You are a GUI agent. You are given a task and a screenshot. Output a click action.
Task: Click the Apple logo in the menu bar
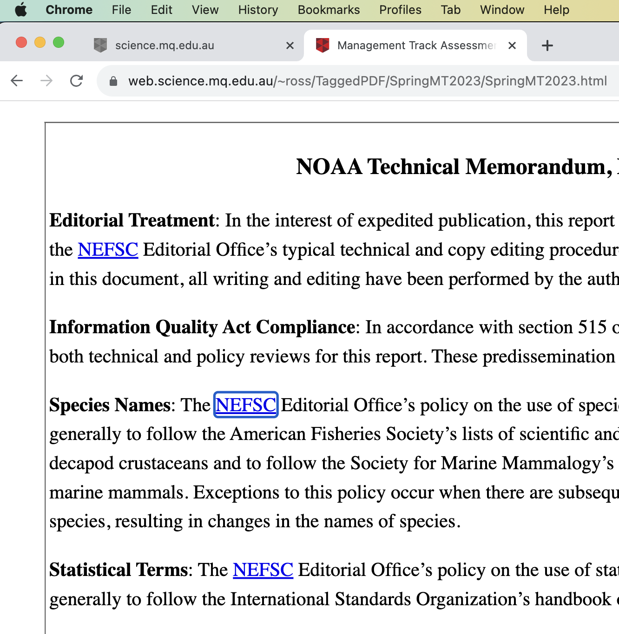click(x=21, y=10)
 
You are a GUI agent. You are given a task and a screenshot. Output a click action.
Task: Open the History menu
click(x=258, y=10)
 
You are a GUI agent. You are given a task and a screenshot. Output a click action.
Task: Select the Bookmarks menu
click(x=329, y=10)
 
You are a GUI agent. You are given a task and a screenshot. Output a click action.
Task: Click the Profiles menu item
click(x=400, y=10)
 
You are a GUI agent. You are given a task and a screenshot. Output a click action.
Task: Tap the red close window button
click(x=21, y=43)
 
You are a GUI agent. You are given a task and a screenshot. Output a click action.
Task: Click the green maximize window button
click(x=59, y=43)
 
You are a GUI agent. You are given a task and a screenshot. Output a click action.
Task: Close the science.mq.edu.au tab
click(x=290, y=45)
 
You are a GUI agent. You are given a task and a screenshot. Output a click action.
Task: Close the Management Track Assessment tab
click(x=512, y=45)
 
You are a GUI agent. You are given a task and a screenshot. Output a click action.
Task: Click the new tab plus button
click(x=547, y=45)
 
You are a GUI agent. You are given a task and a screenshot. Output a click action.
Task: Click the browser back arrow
click(x=17, y=81)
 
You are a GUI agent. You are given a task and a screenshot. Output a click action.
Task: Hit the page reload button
click(x=76, y=81)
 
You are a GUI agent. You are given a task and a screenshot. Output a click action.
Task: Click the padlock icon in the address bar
click(x=113, y=81)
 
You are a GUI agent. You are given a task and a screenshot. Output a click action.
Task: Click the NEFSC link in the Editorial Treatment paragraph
click(x=108, y=250)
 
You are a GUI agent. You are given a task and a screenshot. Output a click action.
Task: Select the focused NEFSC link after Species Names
click(x=246, y=405)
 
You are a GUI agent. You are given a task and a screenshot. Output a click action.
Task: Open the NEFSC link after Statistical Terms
click(x=263, y=570)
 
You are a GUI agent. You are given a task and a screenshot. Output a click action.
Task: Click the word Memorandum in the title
click(x=538, y=167)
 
